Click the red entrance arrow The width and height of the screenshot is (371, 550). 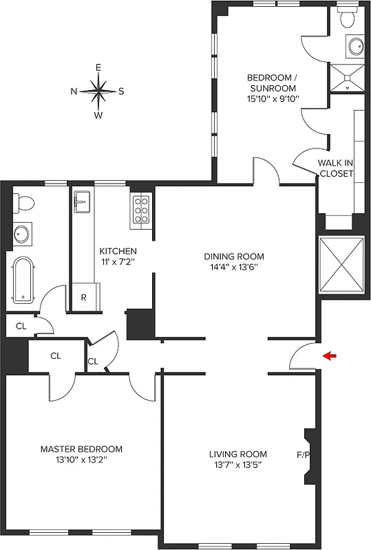[331, 355]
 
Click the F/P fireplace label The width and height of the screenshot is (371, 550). [303, 454]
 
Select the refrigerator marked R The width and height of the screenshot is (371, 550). [83, 298]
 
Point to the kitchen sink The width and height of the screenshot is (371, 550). [82, 201]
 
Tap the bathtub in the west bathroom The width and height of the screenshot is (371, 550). [23, 280]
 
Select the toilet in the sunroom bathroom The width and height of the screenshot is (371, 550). [346, 14]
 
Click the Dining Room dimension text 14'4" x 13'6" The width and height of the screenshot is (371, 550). [234, 267]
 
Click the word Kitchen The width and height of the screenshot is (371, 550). [118, 251]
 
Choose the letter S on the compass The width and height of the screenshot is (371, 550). [121, 91]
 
